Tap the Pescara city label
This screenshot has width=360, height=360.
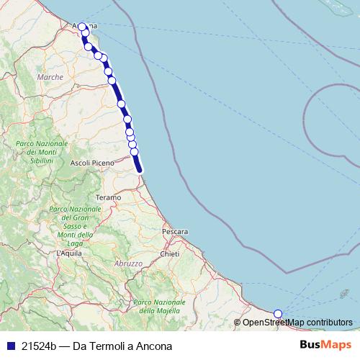(175, 232)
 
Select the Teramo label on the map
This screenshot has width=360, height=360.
(107, 197)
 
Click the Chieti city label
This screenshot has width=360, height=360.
(170, 254)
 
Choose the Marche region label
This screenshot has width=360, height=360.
(50, 76)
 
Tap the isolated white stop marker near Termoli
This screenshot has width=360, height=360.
(279, 313)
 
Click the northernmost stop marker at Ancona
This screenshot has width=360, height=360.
(82, 27)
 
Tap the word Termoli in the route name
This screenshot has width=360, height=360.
(106, 346)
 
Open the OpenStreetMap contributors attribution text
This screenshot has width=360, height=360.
(297, 322)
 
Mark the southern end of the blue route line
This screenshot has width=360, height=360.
(140, 170)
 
